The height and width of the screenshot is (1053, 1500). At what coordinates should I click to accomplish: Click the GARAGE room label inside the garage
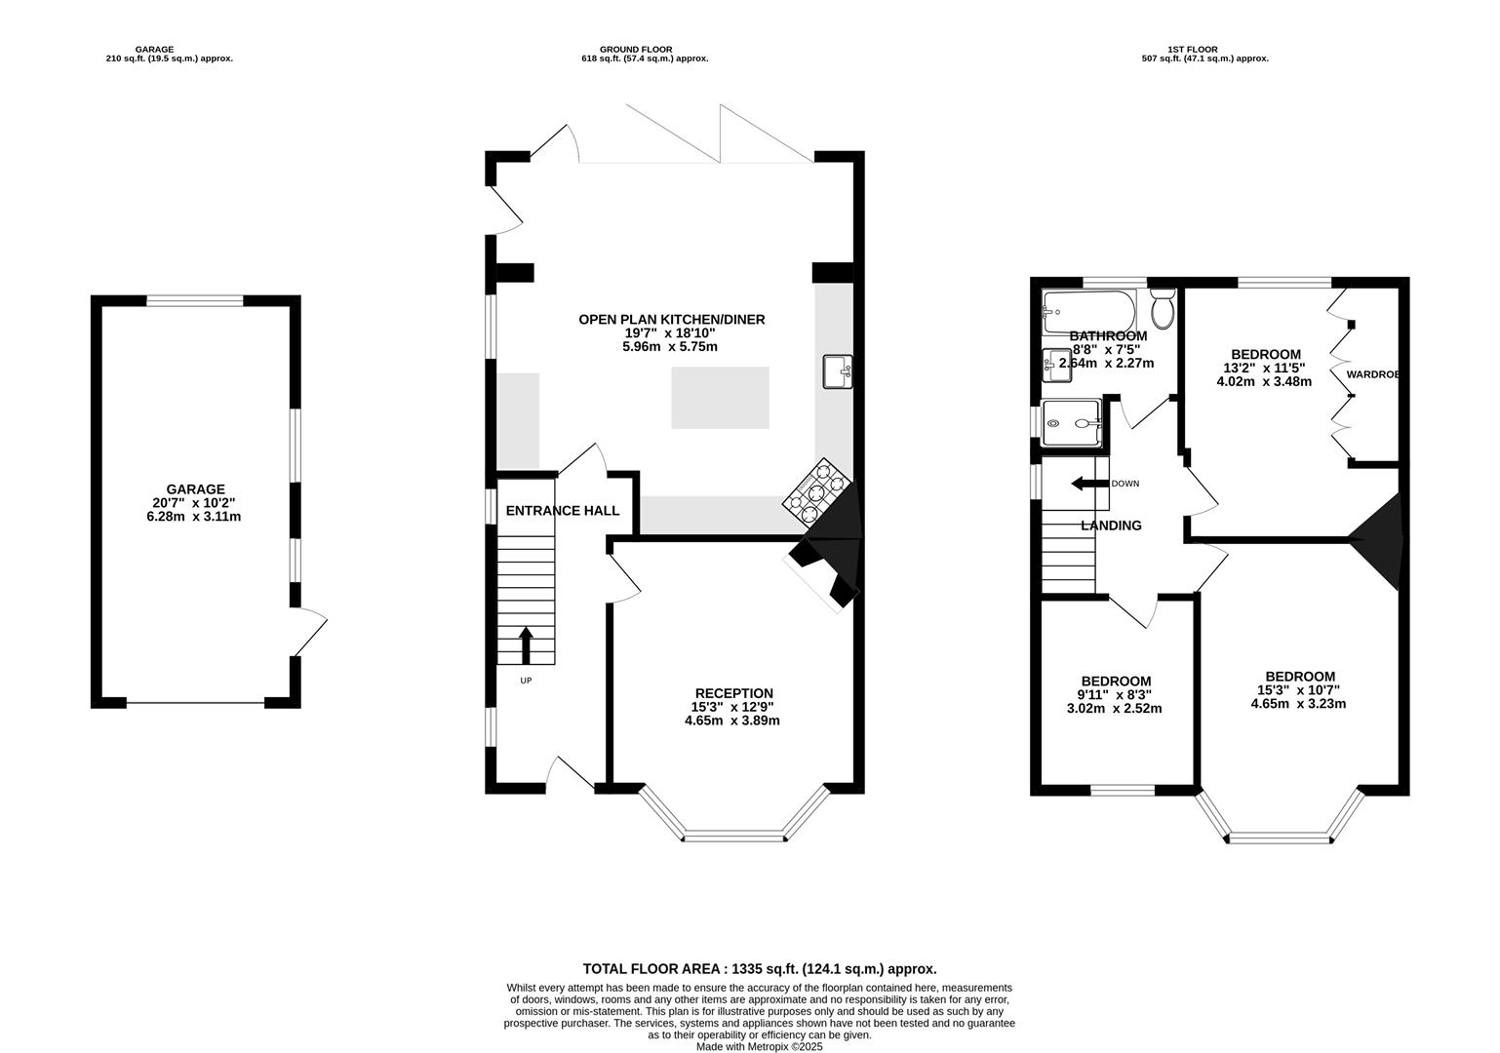195,489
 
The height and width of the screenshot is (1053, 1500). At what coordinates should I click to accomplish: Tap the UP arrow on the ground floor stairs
526,645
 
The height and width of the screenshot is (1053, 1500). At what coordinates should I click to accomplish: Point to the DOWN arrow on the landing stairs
1089,484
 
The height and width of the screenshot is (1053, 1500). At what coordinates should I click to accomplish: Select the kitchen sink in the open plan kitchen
838,371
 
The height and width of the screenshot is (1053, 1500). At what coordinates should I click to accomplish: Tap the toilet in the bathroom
1164,308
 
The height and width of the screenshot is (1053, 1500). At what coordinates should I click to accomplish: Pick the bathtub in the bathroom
1088,311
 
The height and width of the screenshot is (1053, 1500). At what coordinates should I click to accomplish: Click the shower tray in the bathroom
1072,423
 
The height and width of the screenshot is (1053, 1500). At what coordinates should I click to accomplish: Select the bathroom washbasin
1056,366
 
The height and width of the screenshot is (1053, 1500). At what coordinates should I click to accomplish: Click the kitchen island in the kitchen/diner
720,398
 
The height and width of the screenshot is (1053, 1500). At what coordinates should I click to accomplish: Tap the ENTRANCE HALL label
563,511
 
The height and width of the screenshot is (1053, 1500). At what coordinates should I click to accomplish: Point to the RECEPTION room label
734,693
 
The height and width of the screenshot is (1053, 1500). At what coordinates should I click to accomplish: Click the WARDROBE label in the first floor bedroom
1373,374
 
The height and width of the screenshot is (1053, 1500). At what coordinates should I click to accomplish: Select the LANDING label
1111,526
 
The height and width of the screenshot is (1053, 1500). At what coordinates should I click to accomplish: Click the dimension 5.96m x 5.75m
670,347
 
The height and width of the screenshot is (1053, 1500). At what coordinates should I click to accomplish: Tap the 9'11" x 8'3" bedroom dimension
1115,695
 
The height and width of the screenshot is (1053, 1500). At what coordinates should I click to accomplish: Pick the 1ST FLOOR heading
1193,50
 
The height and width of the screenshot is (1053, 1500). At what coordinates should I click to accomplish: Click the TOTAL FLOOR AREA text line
760,968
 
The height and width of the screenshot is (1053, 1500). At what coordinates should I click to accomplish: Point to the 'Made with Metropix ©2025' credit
760,1046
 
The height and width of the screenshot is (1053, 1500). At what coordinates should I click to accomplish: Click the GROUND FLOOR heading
636,50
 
